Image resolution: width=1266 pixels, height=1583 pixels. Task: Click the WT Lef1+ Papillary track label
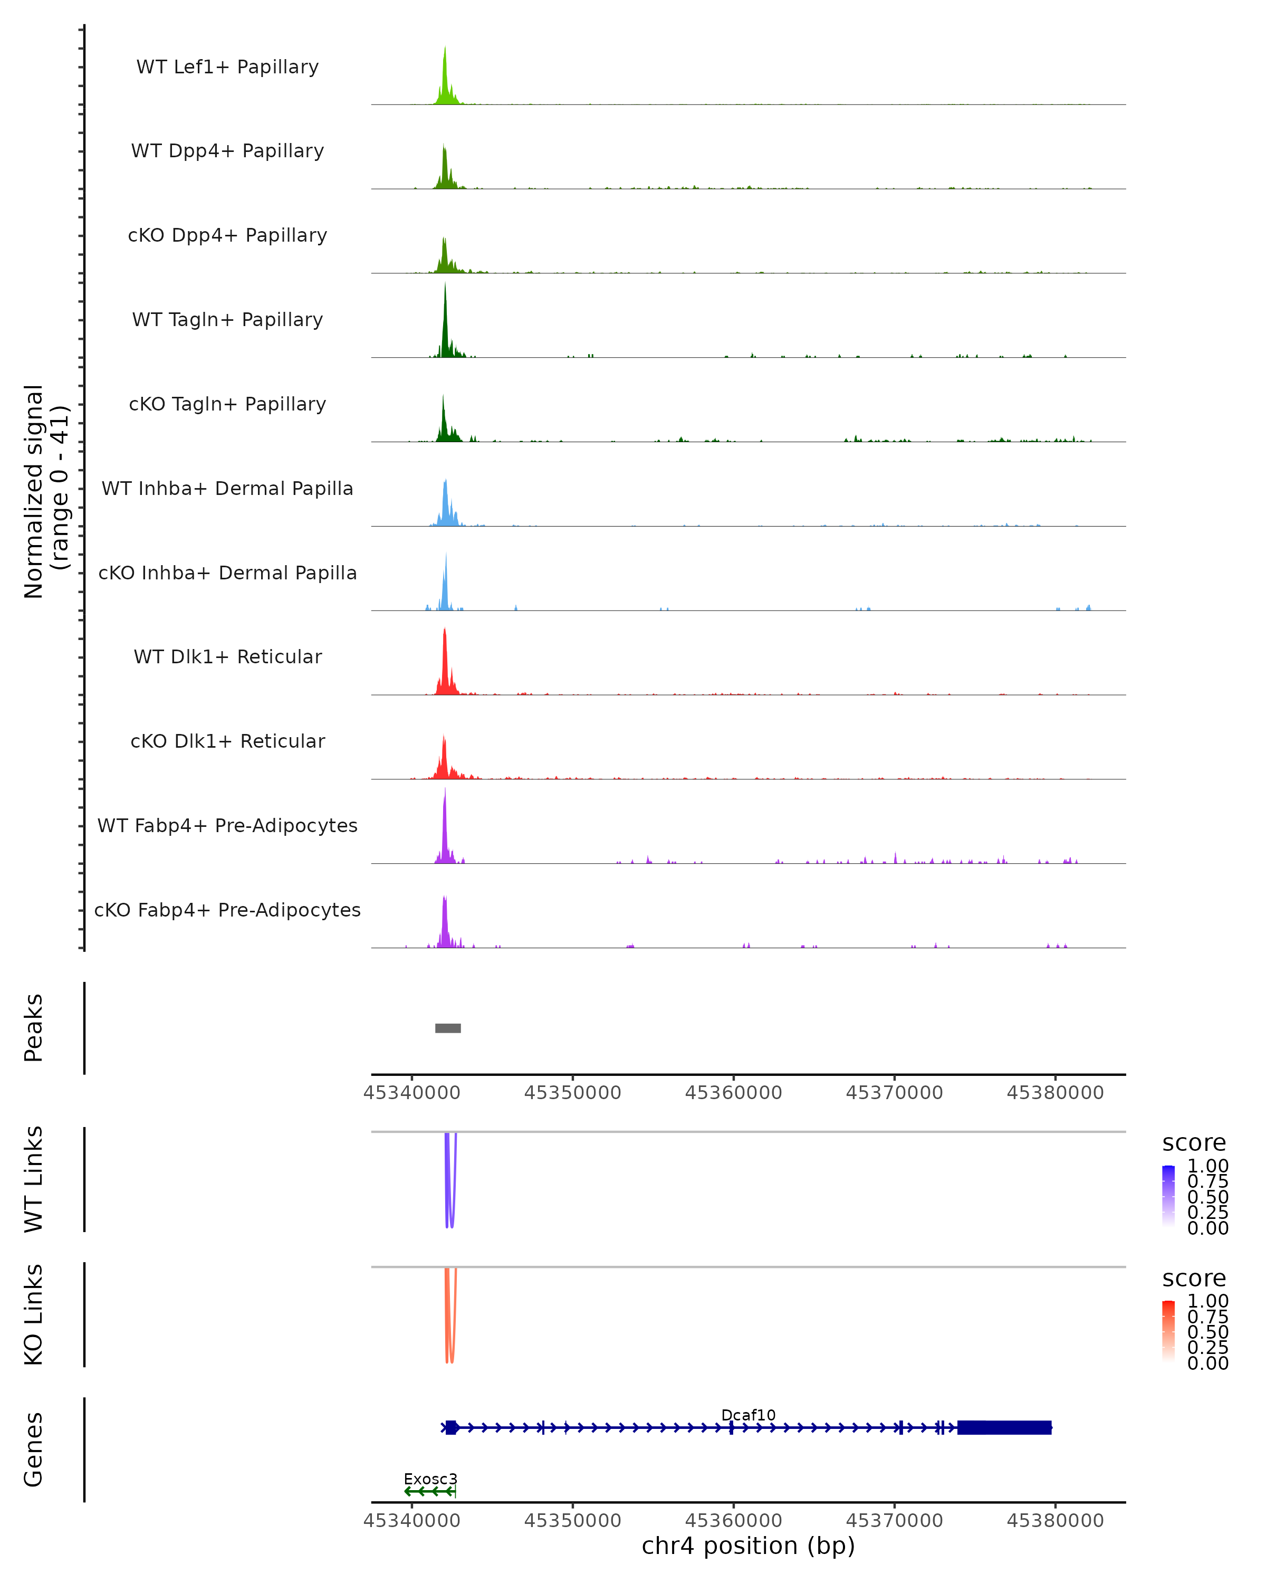tap(227, 67)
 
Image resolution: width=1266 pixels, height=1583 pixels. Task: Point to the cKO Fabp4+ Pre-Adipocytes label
tap(227, 910)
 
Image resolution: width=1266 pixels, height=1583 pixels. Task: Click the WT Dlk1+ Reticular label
tap(227, 656)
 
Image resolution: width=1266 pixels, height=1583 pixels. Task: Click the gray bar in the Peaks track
tap(448, 1028)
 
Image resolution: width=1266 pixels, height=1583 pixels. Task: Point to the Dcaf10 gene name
tap(748, 1415)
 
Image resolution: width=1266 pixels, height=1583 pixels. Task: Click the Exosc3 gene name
tap(430, 1479)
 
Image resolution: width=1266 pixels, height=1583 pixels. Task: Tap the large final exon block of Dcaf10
tap(1004, 1427)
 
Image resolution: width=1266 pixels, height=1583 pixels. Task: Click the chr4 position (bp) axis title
tap(748, 1546)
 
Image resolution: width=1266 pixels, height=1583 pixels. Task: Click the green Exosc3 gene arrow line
tap(430, 1491)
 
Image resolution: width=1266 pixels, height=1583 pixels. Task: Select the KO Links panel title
tap(34, 1314)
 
